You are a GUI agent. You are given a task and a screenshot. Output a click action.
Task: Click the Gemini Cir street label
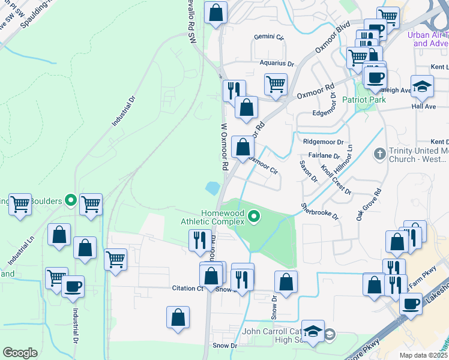(x=268, y=37)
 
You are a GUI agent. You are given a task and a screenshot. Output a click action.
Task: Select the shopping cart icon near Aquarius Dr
(x=276, y=84)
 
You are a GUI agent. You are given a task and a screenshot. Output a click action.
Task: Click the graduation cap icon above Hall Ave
(x=422, y=86)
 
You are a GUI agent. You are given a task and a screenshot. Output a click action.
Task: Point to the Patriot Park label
(x=364, y=100)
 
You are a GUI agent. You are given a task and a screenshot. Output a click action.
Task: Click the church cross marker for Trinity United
(x=379, y=154)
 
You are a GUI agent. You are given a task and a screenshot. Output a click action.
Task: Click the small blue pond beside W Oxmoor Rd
(x=212, y=188)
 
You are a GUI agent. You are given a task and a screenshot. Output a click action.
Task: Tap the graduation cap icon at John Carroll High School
(x=312, y=332)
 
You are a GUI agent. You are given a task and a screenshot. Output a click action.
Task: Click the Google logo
(x=20, y=353)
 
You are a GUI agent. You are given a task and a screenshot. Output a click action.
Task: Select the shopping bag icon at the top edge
(x=216, y=12)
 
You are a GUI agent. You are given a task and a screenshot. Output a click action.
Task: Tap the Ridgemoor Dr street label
(x=323, y=142)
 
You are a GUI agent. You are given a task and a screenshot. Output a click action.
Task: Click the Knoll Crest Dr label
(x=336, y=179)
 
